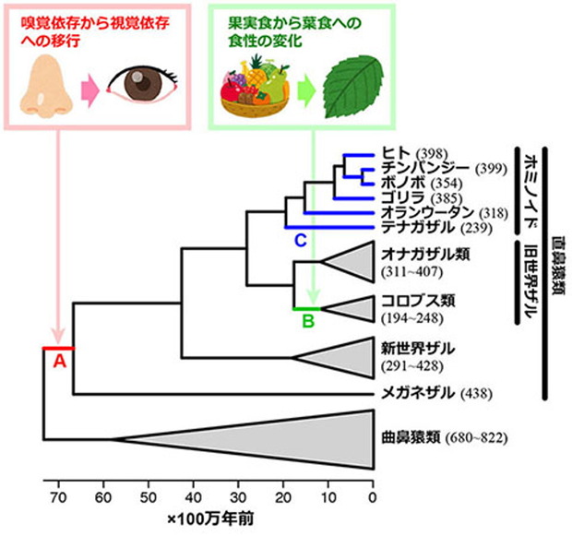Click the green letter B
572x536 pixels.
309,321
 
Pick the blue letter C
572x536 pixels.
299,242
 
